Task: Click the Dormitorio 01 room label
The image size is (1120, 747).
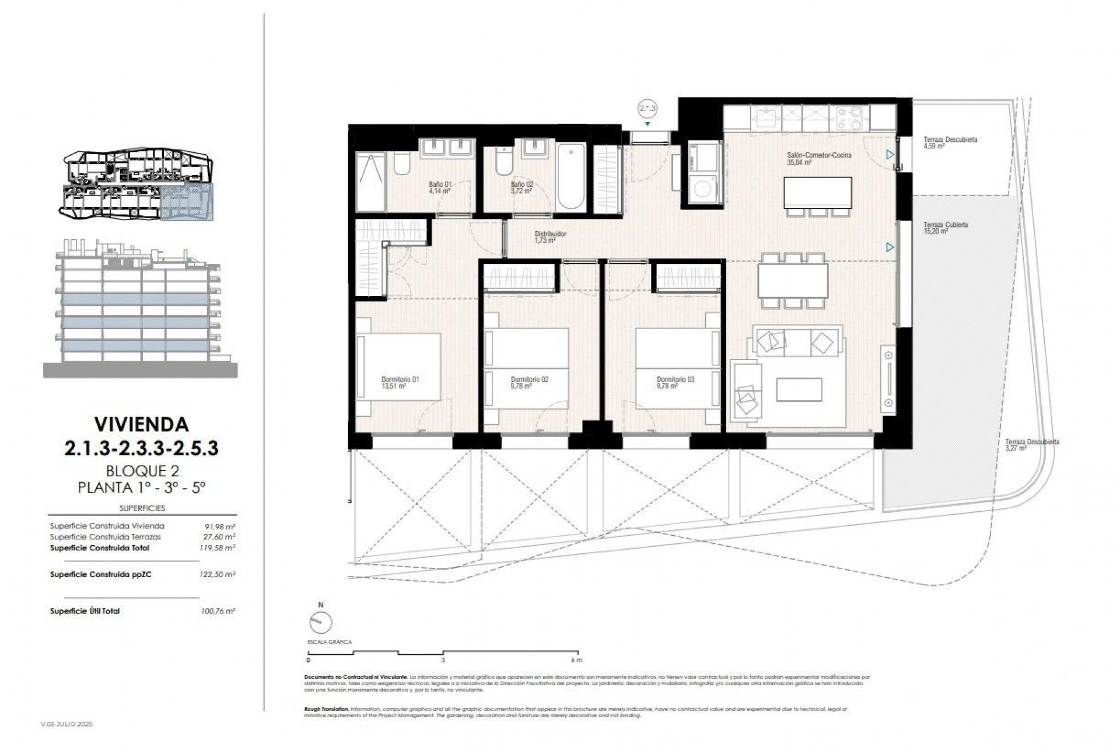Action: click(400, 382)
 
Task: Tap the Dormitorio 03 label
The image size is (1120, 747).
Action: click(675, 382)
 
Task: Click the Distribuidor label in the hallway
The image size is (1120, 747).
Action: click(550, 236)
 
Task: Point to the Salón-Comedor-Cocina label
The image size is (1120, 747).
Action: click(810, 158)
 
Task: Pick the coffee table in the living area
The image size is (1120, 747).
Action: click(799, 389)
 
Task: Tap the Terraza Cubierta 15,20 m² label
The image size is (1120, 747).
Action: click(946, 228)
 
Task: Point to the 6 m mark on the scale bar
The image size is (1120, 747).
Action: click(576, 660)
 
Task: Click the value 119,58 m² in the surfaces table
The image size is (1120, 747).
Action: click(217, 548)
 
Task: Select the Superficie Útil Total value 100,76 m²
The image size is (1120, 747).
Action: click(217, 611)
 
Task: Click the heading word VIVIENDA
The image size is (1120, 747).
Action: click(141, 424)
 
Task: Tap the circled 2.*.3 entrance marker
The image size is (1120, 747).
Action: click(647, 108)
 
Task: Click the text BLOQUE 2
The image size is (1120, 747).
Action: click(142, 470)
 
